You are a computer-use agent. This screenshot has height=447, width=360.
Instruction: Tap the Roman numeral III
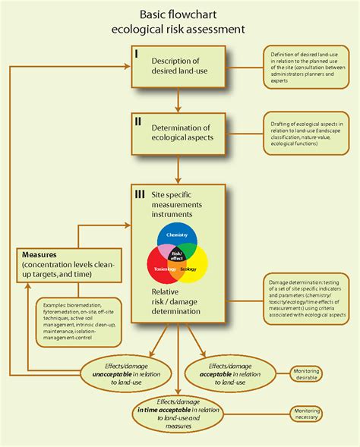point(140,195)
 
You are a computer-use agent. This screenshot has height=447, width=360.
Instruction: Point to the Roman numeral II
point(137,120)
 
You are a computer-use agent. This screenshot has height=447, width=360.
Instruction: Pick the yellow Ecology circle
point(194,267)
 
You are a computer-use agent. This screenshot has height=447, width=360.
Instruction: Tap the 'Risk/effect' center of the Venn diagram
point(177,257)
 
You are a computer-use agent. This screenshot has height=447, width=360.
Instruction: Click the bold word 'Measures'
point(42,255)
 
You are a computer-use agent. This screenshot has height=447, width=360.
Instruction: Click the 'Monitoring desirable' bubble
point(305,374)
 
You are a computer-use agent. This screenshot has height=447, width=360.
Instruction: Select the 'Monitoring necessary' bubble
point(306,413)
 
